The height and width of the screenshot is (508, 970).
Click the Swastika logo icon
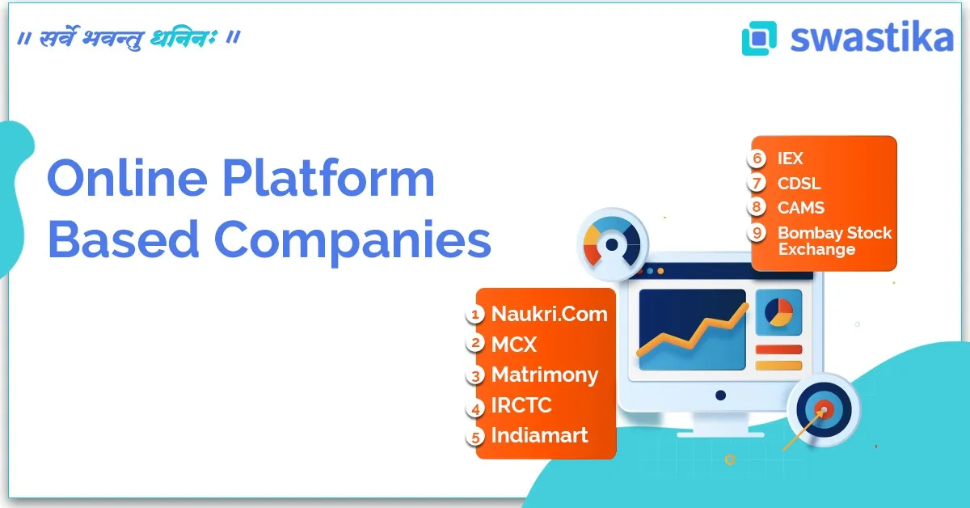759,38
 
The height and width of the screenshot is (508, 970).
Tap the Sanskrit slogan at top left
129,37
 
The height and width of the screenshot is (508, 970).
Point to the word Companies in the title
352,240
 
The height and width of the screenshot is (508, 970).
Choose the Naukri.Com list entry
549,314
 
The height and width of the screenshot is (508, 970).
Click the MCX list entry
513,344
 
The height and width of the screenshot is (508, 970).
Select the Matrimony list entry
545,375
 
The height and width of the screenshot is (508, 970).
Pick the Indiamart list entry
539,435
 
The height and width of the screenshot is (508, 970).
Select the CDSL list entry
799,183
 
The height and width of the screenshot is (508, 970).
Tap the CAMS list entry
800,207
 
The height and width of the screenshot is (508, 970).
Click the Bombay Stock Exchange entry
834,241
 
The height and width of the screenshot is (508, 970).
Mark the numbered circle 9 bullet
757,234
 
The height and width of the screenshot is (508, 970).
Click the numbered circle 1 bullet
477,314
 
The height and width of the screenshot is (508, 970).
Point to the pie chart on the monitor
779,312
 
